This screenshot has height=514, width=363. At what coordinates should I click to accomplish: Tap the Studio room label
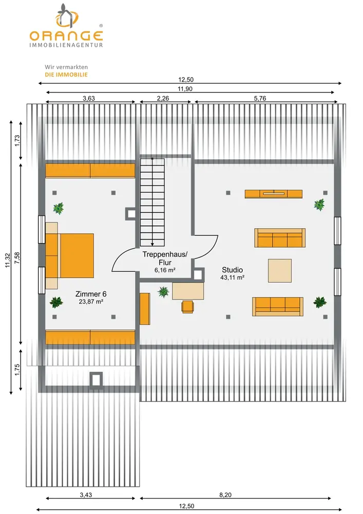point(232,269)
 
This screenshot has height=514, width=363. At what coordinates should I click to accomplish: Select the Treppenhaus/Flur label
point(165,258)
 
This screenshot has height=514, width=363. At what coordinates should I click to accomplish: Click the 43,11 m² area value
point(232,278)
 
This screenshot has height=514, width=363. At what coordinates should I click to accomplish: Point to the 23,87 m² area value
point(91,302)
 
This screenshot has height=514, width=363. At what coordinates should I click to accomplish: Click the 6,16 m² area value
point(165,269)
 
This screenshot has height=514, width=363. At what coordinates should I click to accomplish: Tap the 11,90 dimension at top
point(185,89)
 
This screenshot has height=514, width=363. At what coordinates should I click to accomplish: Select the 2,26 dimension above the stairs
point(163,98)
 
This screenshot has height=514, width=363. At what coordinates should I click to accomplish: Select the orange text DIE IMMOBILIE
point(67,75)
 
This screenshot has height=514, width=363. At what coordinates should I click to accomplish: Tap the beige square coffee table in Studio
point(280,270)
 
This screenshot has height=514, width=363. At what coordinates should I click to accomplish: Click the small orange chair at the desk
point(187,306)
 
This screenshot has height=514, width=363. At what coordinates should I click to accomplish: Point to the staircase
point(152,201)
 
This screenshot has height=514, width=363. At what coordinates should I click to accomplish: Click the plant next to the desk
point(164,292)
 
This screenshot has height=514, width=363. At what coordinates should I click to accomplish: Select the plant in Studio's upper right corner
point(319,205)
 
